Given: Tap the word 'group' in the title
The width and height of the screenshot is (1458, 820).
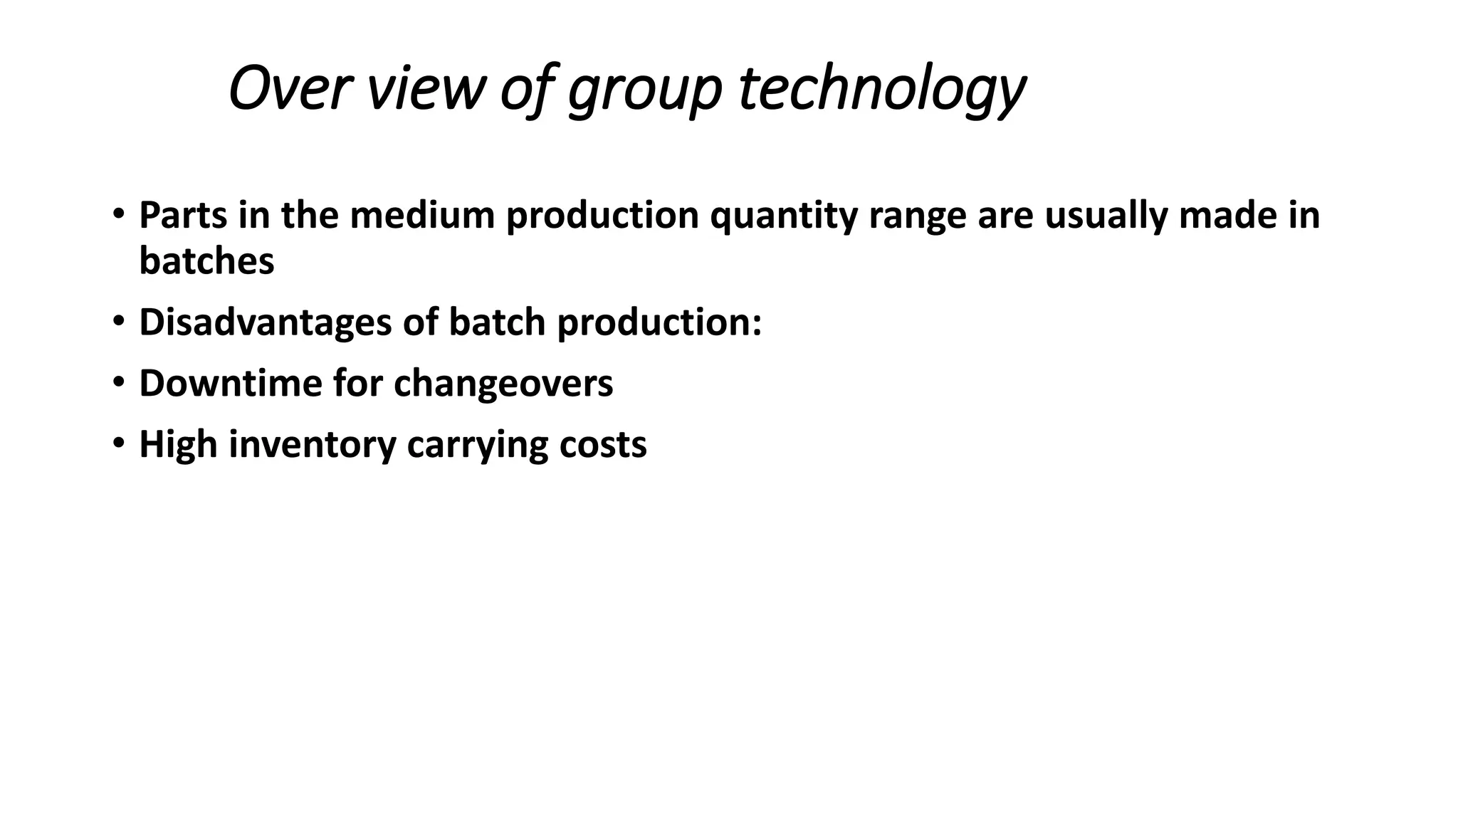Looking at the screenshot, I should tap(644, 90).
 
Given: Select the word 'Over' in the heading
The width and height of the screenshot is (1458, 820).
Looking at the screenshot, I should tap(289, 89).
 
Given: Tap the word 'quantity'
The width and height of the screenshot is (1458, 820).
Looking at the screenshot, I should tap(783, 216).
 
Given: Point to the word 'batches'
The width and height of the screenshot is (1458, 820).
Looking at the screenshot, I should tap(206, 261).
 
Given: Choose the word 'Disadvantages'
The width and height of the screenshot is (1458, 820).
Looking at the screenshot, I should tap(265, 323).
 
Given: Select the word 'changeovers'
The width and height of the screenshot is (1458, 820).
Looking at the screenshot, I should tap(503, 384).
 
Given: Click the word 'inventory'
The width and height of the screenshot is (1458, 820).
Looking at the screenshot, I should tap(312, 445).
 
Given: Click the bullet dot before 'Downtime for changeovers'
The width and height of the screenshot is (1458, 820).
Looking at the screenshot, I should tap(118, 384).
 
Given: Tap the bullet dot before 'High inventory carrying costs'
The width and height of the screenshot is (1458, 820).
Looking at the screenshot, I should tap(118, 445).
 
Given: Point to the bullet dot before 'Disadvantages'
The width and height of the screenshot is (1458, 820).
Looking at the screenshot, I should tap(118, 323).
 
